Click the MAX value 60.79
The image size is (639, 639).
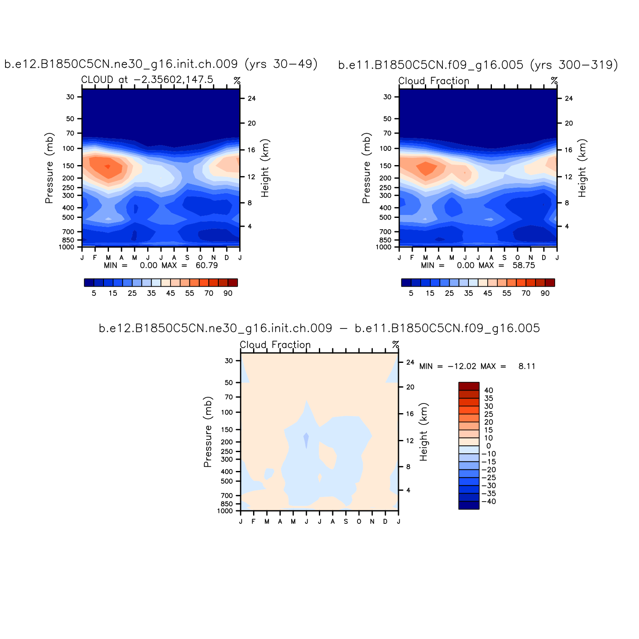(207, 265)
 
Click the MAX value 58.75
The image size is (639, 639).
(524, 265)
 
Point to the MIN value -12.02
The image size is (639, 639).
(462, 366)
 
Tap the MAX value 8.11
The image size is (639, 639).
(527, 366)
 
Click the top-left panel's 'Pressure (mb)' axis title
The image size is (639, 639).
(49, 168)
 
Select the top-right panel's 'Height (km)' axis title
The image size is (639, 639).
(582, 168)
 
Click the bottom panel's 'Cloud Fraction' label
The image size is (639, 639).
(275, 345)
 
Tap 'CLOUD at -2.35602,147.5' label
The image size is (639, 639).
(147, 80)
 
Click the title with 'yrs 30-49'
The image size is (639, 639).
(161, 64)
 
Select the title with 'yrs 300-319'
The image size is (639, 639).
(478, 65)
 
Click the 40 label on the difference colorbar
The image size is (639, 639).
(489, 391)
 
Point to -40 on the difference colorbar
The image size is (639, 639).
(489, 502)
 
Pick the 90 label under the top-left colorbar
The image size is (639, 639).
(228, 293)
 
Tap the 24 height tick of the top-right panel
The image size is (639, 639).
(569, 98)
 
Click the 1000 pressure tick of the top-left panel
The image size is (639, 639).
(67, 247)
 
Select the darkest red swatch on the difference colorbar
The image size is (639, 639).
(469, 386)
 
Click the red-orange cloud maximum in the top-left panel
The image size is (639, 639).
(107, 166)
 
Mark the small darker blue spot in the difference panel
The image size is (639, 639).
(306, 439)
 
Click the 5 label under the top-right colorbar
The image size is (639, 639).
(411, 293)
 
